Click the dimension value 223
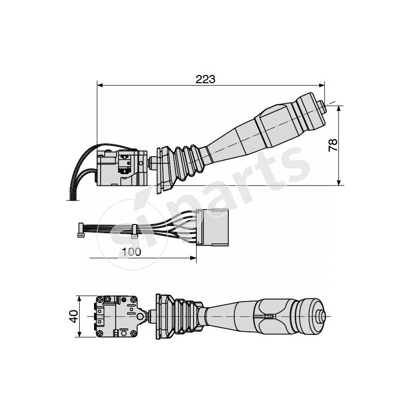pyautogui.click(x=205, y=79)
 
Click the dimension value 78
pyautogui.click(x=332, y=145)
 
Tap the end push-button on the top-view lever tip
pyautogui.click(x=322, y=316)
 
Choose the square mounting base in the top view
pyautogui.click(x=117, y=316)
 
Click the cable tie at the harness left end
pyautogui.click(x=81, y=231)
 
